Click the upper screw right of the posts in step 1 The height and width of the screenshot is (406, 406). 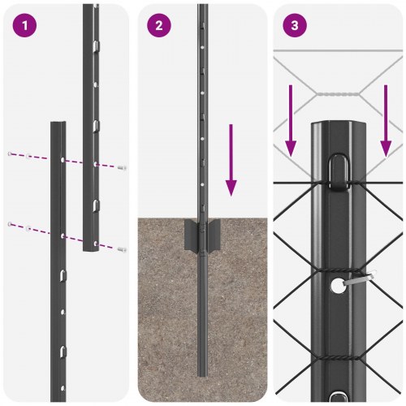[x=122, y=167]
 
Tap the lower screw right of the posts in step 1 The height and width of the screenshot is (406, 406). [x=122, y=249]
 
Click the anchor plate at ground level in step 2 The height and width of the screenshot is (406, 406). [x=203, y=235]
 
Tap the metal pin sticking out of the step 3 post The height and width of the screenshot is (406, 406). [x=360, y=279]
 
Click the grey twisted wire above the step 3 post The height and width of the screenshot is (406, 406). [x=336, y=94]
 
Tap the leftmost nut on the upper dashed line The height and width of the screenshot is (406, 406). [x=11, y=153]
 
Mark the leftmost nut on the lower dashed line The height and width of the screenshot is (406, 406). [x=11, y=222]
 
